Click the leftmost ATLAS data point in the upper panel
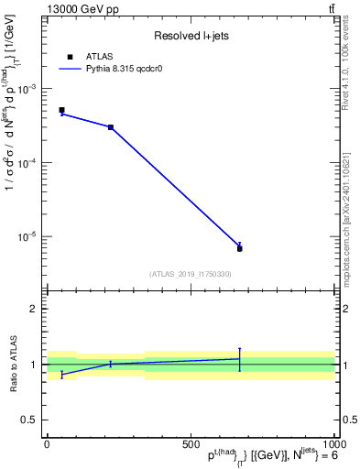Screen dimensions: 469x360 [61, 110]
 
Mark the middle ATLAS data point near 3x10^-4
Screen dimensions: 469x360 [111, 127]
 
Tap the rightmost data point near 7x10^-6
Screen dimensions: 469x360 [239, 248]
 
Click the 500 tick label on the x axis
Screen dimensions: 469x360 [191, 443]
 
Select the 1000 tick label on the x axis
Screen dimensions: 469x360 [332, 443]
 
